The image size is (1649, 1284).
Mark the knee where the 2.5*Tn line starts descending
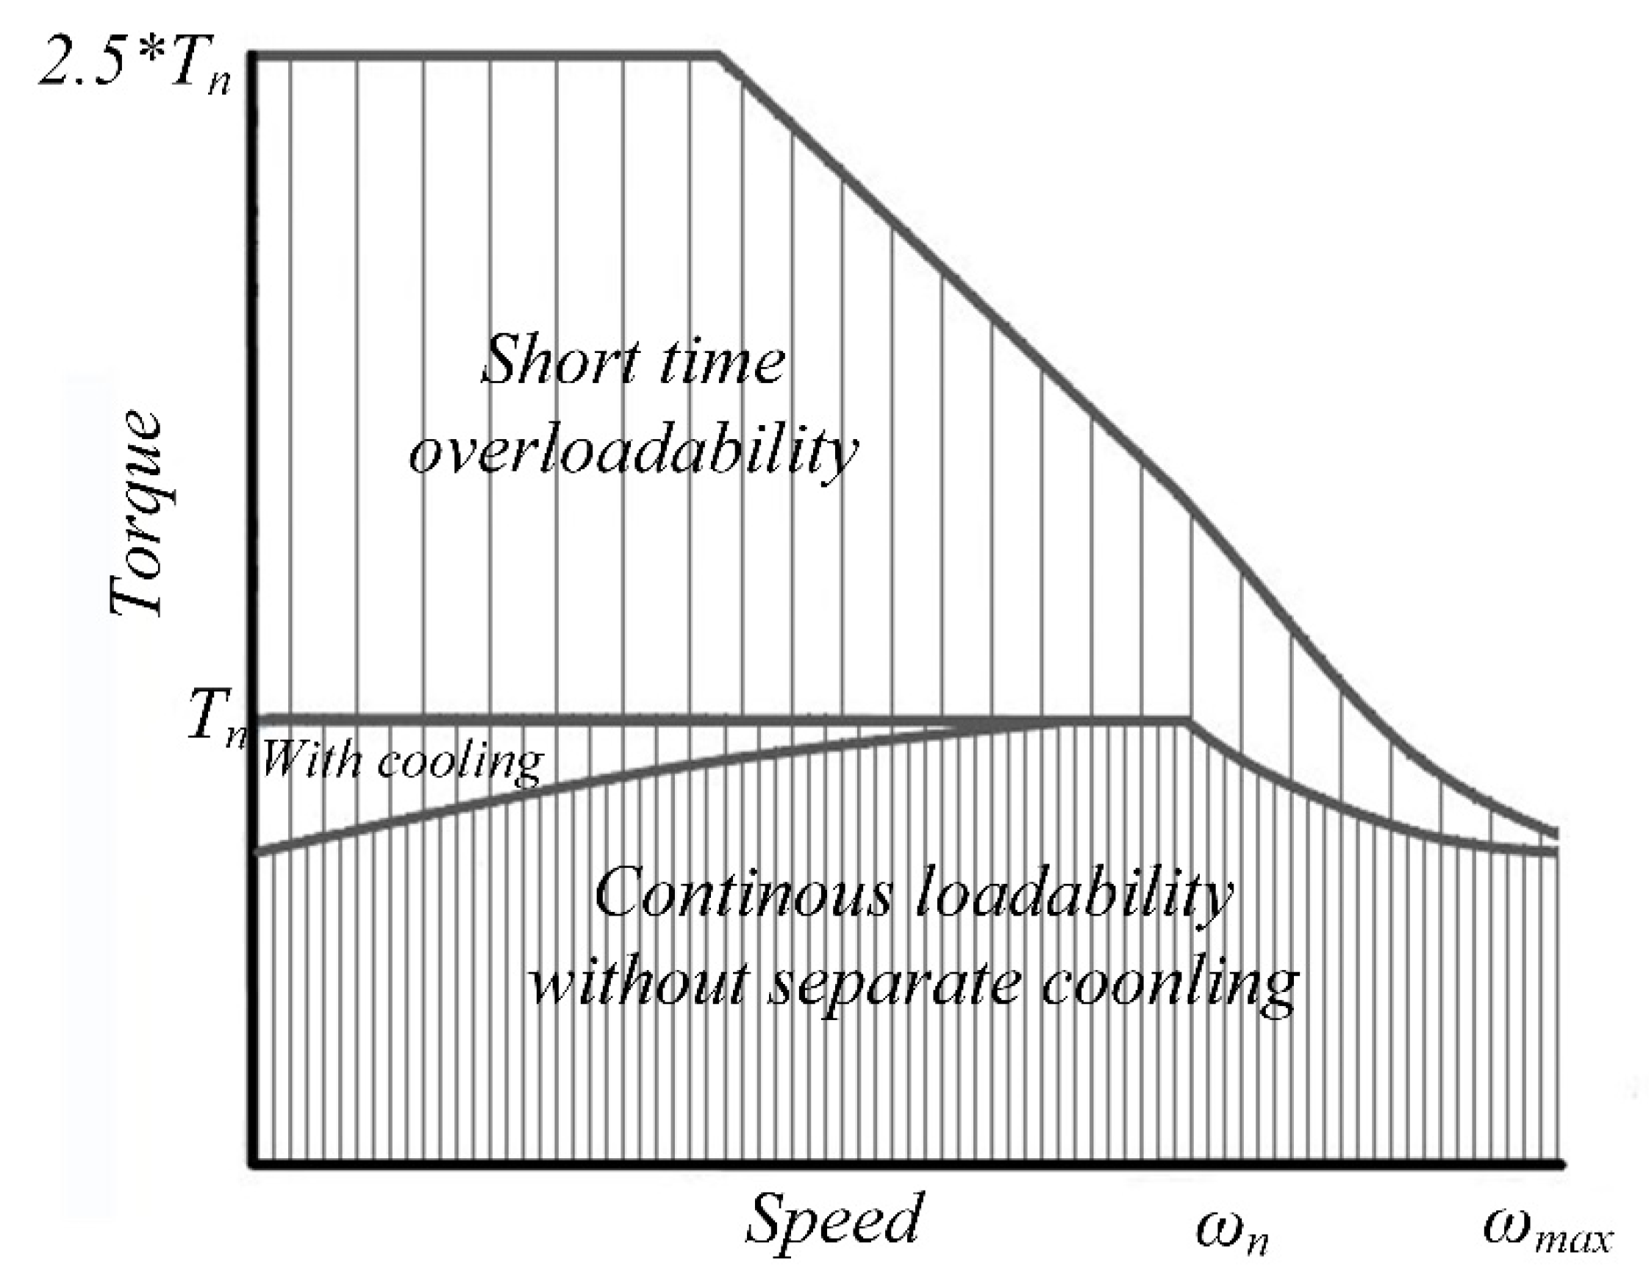tap(721, 55)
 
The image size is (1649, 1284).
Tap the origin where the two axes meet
tap(254, 1164)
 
